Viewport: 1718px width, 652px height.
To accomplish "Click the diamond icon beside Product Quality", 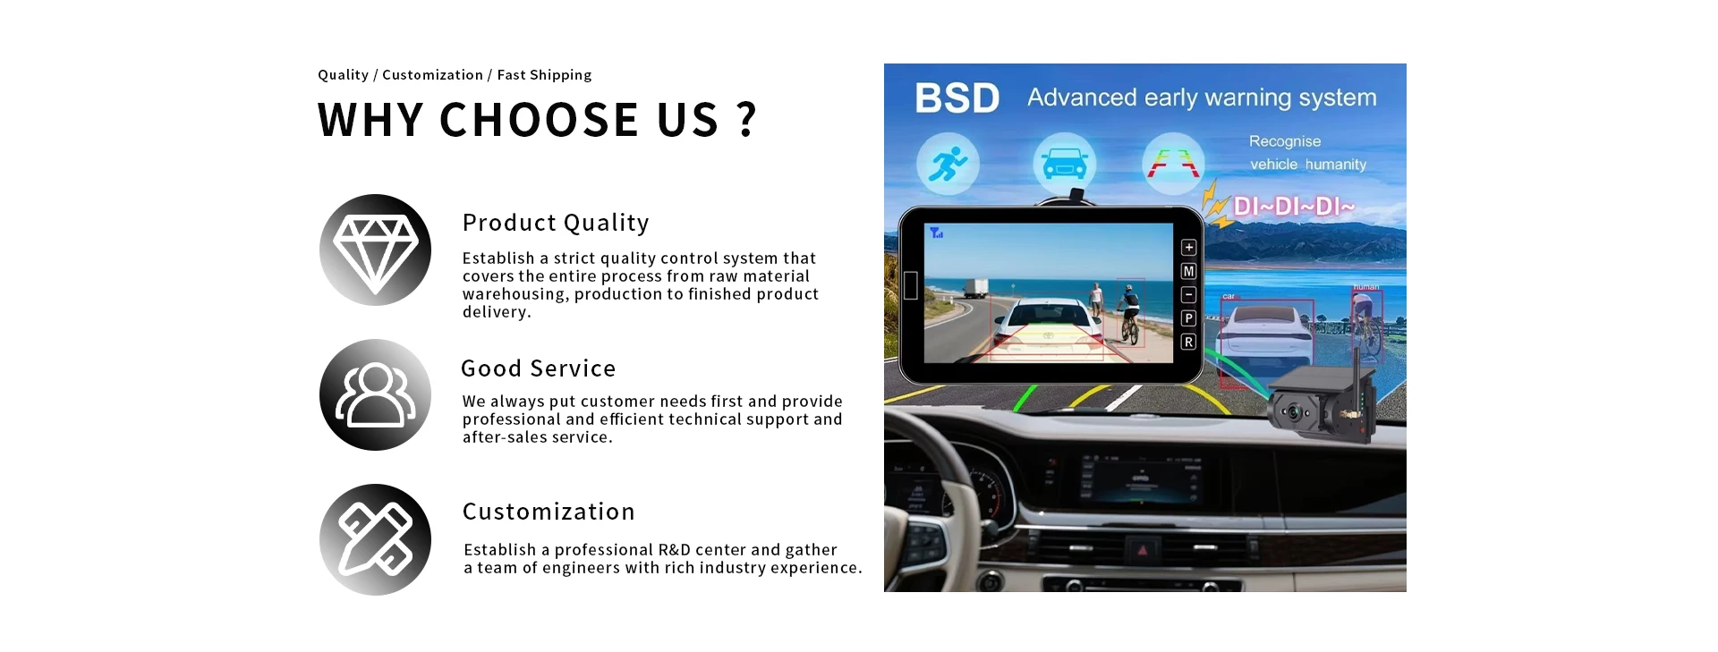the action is tap(375, 250).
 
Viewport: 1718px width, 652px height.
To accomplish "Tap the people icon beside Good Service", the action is tap(375, 394).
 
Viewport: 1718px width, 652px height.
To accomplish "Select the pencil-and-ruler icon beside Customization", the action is tap(375, 539).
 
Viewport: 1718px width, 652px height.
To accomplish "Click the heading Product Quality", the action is tap(556, 224).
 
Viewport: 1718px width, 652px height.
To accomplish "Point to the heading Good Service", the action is tap(538, 368).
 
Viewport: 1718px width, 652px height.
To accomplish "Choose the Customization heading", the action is tap(549, 512).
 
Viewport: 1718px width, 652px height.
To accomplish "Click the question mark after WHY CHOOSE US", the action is tap(746, 120).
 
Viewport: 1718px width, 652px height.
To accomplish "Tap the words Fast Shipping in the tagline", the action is tap(544, 75).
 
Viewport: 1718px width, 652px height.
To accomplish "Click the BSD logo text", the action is tap(957, 98).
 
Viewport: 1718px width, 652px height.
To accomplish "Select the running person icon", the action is tap(948, 164).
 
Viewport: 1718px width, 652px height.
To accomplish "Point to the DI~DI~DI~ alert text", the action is tap(1294, 207).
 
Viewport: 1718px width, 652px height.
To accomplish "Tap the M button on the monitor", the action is tap(1188, 271).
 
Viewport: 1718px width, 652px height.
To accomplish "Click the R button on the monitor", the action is tap(1188, 342).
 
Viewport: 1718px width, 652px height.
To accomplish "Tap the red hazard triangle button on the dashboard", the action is tap(1142, 550).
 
